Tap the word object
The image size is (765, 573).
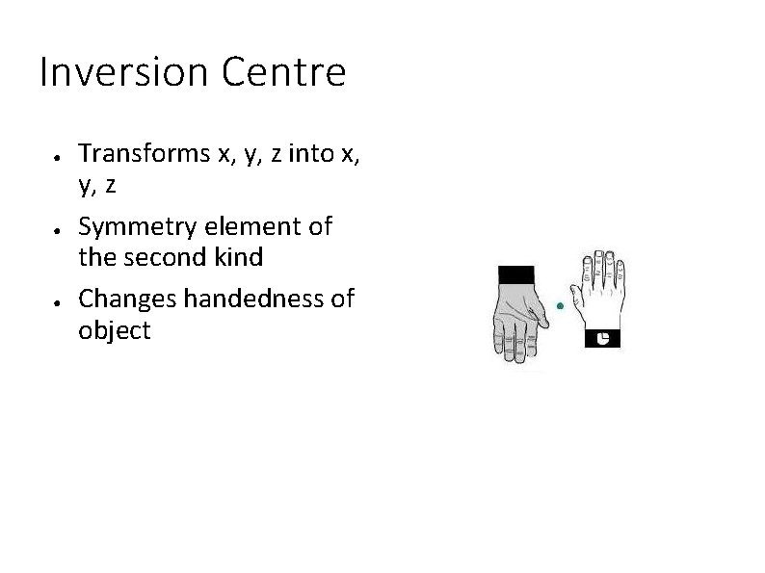[115, 332]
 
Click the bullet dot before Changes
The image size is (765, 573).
[59, 302]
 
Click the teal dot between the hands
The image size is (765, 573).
[560, 306]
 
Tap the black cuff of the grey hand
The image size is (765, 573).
[516, 274]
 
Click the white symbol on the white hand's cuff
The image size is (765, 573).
[603, 338]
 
